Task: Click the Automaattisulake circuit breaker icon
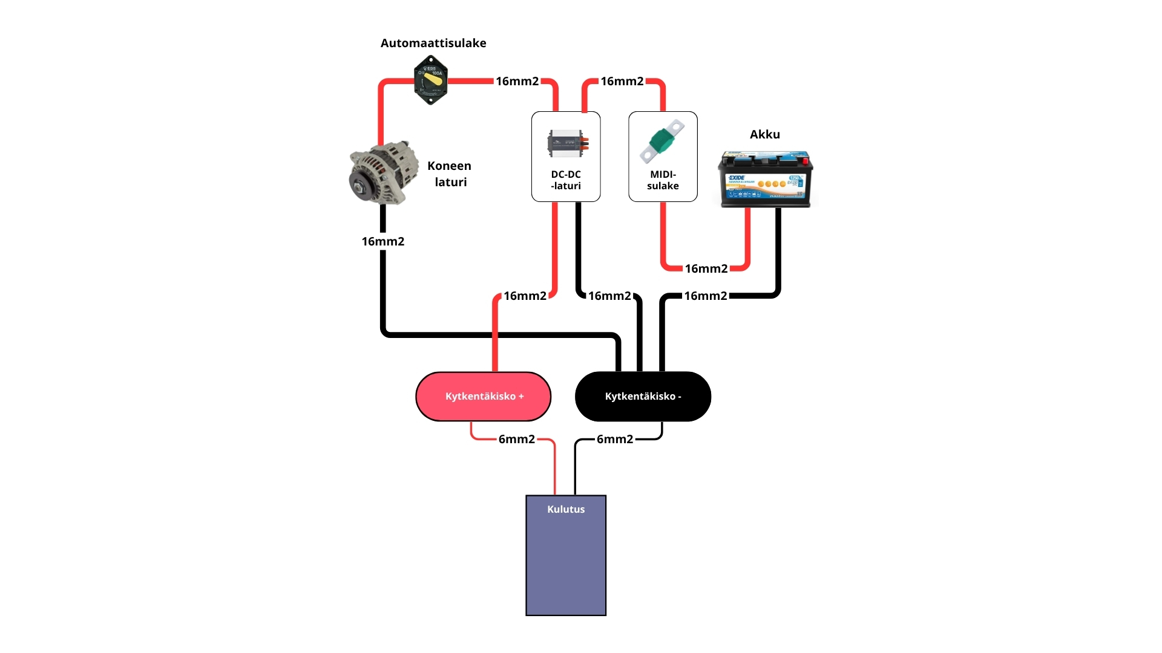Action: pyautogui.click(x=430, y=80)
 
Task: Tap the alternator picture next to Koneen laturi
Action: pyautogui.click(x=384, y=174)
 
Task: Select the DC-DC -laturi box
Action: pyautogui.click(x=566, y=156)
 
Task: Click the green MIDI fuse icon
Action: pyautogui.click(x=662, y=141)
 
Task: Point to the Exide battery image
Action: pyautogui.click(x=766, y=179)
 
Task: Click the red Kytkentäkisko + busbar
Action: pyautogui.click(x=483, y=397)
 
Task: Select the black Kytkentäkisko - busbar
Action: pyautogui.click(x=643, y=397)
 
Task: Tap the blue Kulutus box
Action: pyautogui.click(x=566, y=562)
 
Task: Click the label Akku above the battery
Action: pyautogui.click(x=765, y=134)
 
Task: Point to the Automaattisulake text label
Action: pyautogui.click(x=433, y=43)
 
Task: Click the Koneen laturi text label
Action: pyautogui.click(x=450, y=174)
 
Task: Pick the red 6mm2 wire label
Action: pyautogui.click(x=516, y=439)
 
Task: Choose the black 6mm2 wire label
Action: pyautogui.click(x=615, y=439)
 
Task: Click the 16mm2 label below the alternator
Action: pyautogui.click(x=383, y=241)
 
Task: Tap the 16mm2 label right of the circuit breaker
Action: pyautogui.click(x=517, y=81)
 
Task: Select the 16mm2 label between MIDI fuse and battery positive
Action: pyautogui.click(x=706, y=268)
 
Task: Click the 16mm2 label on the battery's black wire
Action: pyautogui.click(x=706, y=296)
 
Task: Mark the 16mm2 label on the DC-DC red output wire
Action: pyautogui.click(x=525, y=296)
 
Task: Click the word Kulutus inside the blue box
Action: pyautogui.click(x=566, y=509)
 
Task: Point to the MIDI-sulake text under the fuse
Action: pyautogui.click(x=663, y=180)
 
